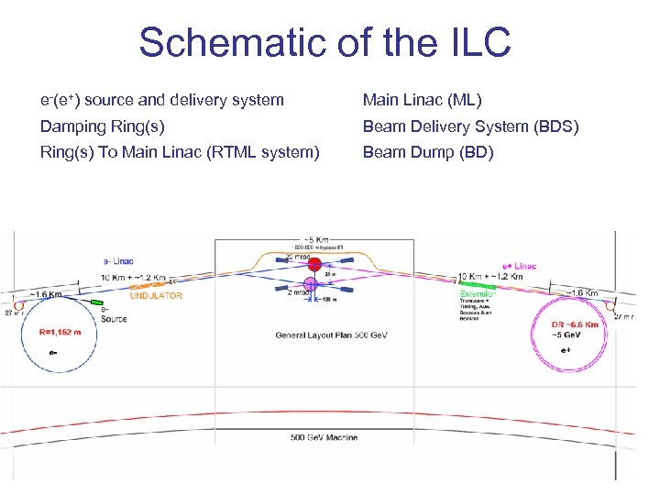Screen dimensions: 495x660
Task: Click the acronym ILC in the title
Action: tap(471, 42)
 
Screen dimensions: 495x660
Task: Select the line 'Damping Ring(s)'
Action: tap(103, 126)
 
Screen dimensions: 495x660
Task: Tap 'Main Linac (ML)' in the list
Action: tap(422, 100)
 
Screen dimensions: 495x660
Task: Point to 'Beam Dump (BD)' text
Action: tap(428, 152)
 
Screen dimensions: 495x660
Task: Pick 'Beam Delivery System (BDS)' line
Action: tap(470, 126)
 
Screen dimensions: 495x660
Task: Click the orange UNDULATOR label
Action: tap(156, 296)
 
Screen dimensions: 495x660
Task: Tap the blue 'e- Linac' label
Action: tap(116, 261)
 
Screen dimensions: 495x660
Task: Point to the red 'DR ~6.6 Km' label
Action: tap(576, 324)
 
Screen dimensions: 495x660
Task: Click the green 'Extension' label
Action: tap(478, 294)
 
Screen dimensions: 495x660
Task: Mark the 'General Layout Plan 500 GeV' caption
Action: tap(331, 335)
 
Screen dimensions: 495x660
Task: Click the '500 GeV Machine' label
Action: tap(324, 437)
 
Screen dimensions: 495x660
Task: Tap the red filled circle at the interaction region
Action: tap(314, 265)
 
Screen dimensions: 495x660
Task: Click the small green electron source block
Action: tap(95, 301)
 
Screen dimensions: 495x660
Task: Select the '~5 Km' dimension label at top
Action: tap(313, 238)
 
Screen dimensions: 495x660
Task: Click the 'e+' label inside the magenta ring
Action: tap(565, 349)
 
